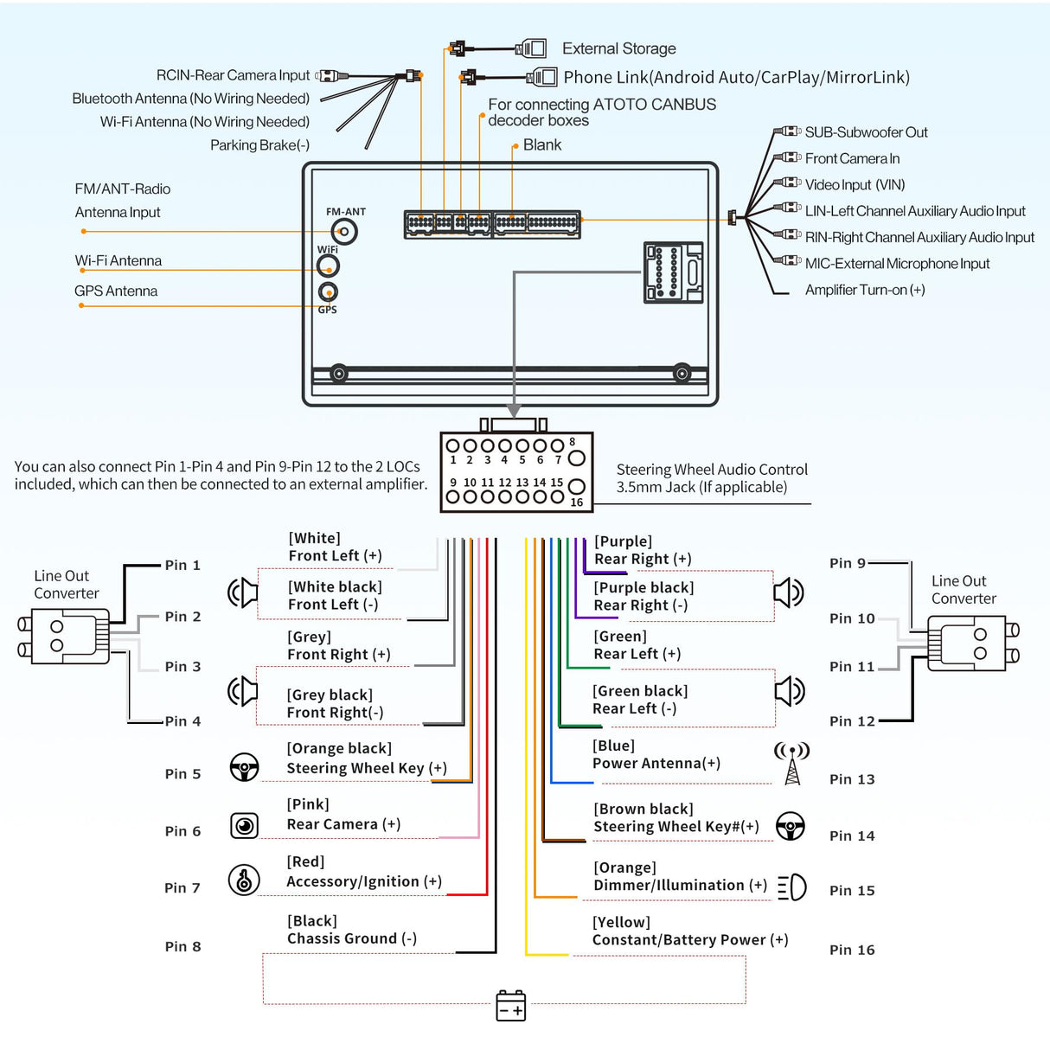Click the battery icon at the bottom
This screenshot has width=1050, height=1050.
[510, 1005]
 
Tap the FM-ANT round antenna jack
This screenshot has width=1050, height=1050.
[344, 232]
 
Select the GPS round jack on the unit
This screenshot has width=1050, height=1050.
[328, 291]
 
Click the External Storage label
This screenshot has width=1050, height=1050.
[618, 48]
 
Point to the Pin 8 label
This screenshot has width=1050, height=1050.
[182, 946]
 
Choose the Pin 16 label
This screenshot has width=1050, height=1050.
[852, 950]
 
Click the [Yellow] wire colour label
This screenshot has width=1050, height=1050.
[621, 922]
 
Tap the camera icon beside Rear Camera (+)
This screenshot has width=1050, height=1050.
[245, 825]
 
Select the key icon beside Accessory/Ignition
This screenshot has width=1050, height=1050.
[244, 880]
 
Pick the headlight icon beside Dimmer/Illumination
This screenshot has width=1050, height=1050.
[791, 887]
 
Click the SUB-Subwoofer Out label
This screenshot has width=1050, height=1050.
[866, 132]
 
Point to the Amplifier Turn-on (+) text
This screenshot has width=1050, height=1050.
[865, 290]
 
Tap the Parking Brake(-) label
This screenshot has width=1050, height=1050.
[259, 145]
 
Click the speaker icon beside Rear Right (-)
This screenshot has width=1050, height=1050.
[788, 592]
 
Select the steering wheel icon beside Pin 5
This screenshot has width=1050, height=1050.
[245, 767]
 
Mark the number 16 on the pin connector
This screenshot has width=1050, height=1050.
[577, 503]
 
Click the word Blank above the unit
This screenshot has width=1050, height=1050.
[542, 145]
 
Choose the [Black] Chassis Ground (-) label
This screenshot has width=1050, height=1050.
[351, 930]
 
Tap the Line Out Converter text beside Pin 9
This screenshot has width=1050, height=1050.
[964, 590]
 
